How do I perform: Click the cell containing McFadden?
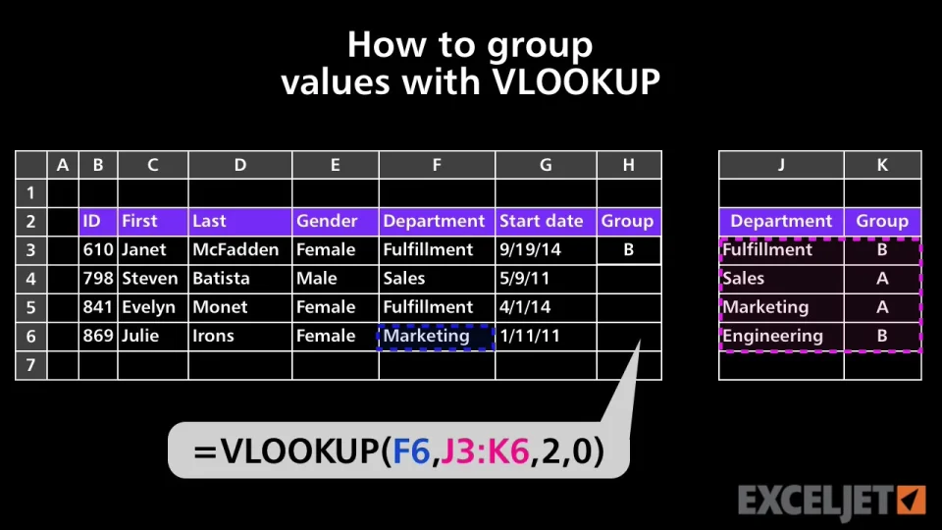click(x=235, y=250)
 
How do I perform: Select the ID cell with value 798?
click(x=98, y=279)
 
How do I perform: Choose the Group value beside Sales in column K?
click(x=881, y=279)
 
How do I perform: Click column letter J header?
click(x=781, y=165)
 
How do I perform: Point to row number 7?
click(x=31, y=365)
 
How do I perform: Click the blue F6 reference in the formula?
click(x=411, y=450)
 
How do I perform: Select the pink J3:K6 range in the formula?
click(x=485, y=450)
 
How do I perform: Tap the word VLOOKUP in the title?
click(x=576, y=82)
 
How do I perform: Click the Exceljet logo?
click(x=831, y=501)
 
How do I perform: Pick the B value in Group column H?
click(x=628, y=250)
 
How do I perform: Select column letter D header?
click(x=240, y=165)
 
